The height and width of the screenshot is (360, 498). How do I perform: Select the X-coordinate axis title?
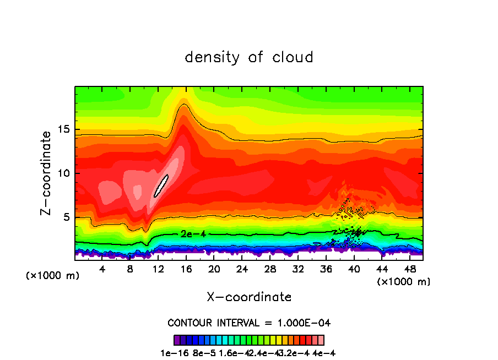pos(249,297)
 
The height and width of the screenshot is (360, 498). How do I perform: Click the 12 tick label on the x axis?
pos(159,270)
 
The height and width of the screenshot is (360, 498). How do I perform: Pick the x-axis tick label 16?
pos(186,270)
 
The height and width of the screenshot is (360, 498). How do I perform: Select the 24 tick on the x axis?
pos(242,270)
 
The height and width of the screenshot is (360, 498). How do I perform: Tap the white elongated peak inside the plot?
pos(160,186)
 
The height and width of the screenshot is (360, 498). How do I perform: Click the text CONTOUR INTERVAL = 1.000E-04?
pos(249,323)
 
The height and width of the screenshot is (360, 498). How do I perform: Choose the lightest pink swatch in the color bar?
pos(321,340)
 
